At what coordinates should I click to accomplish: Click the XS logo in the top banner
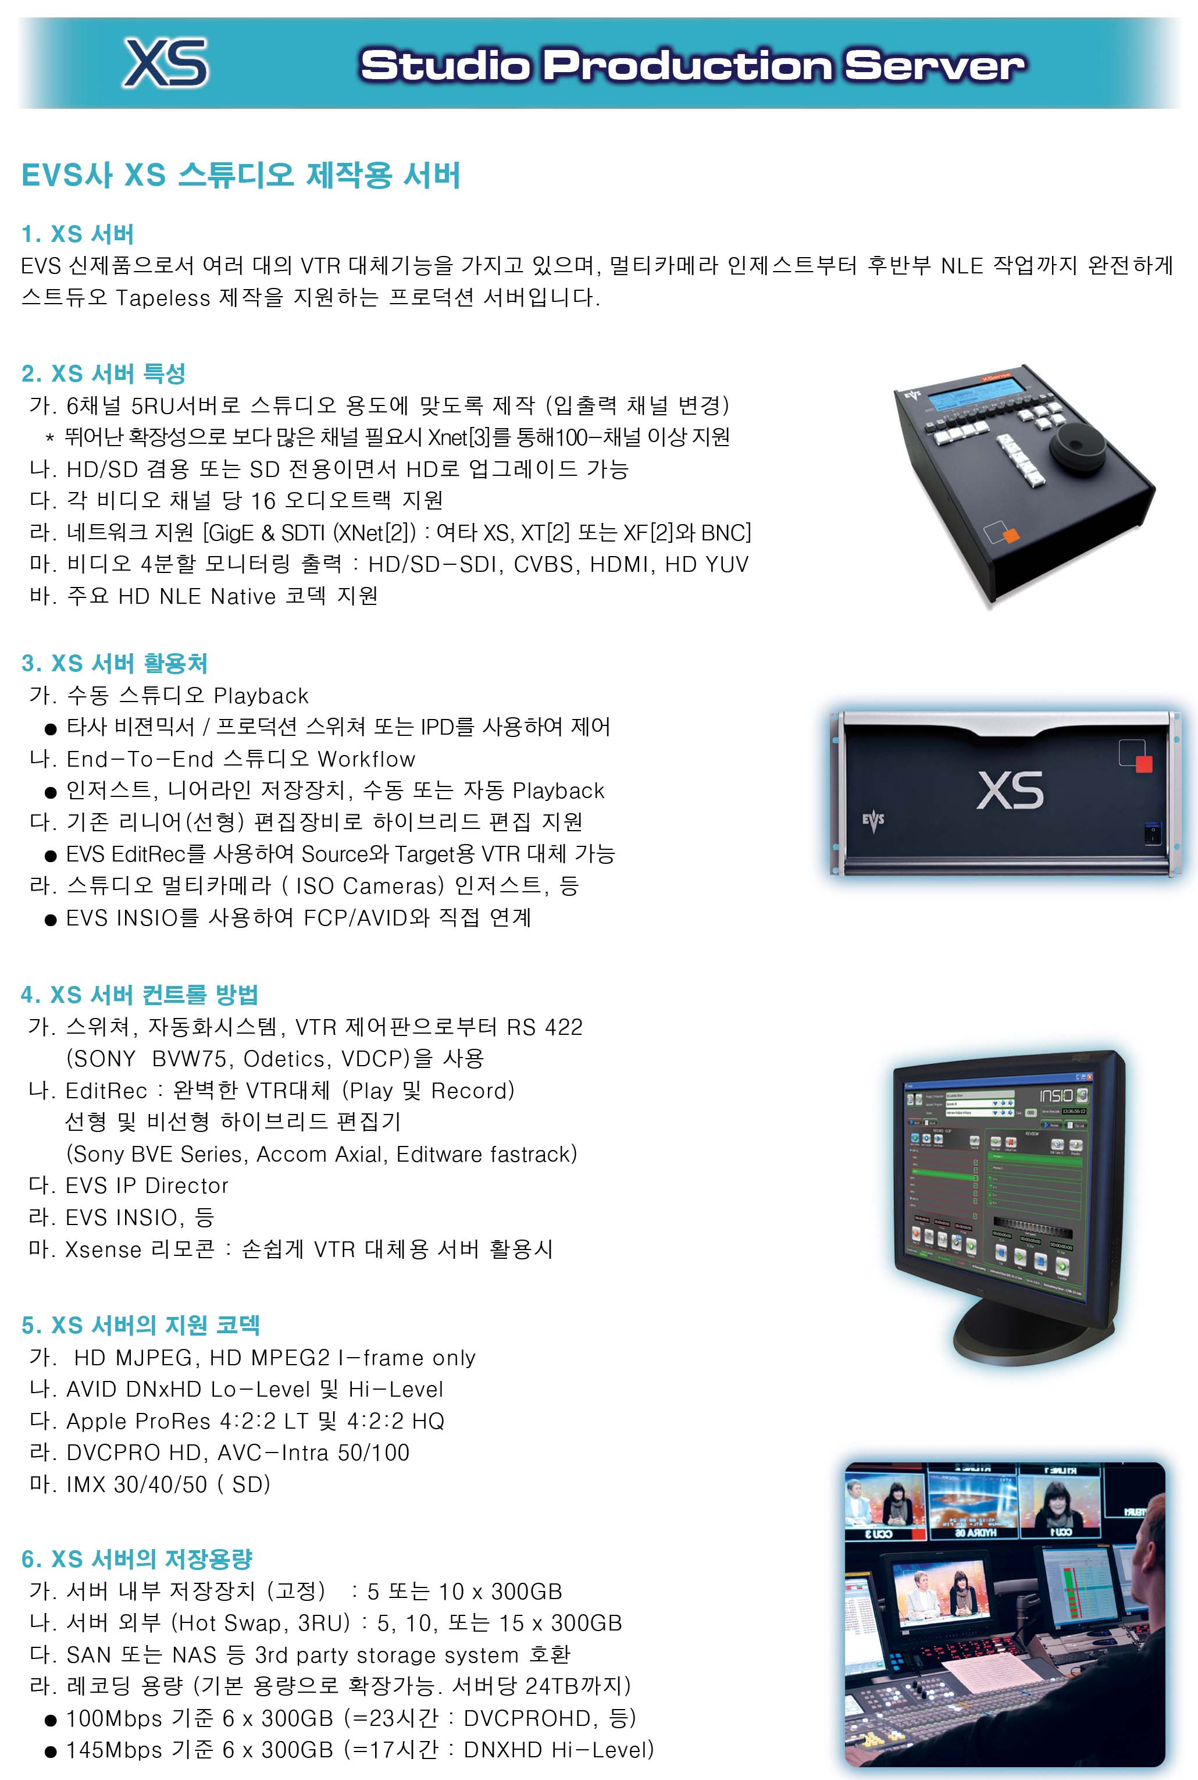tap(166, 63)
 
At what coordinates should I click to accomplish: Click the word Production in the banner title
tap(687, 66)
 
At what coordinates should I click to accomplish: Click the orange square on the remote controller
tap(1011, 536)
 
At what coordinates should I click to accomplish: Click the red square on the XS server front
tap(1144, 764)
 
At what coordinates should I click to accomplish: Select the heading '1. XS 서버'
tap(78, 234)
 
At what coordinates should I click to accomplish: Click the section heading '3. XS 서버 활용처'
tap(115, 663)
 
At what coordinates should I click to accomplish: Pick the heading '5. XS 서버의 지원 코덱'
tap(141, 1325)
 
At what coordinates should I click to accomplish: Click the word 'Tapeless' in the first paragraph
tap(162, 298)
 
